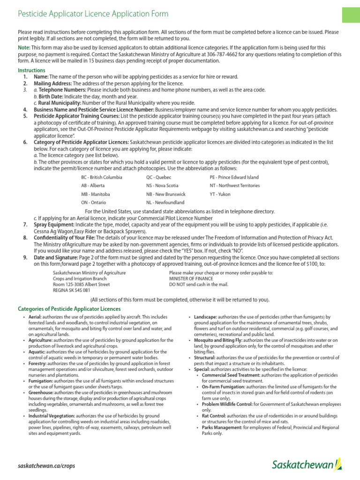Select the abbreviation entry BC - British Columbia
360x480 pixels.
coord(102,178)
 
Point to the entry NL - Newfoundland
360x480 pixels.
coord(165,202)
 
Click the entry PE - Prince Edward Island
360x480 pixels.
coord(234,178)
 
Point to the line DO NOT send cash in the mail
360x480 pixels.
coord(198,284)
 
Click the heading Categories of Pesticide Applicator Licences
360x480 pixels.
coord(69,309)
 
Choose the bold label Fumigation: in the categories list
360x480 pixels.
coord(40,381)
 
